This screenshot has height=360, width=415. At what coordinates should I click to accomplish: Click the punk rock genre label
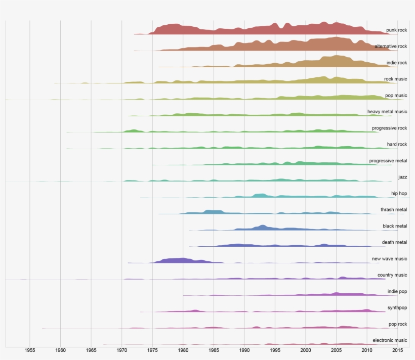tap(396, 30)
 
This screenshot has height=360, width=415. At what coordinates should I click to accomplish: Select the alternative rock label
tap(391, 47)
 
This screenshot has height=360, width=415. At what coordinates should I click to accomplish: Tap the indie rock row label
tap(396, 63)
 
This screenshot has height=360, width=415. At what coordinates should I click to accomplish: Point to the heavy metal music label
tap(387, 112)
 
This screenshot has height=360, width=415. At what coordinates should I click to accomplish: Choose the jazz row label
tap(402, 177)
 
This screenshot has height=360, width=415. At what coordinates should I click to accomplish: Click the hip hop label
tap(399, 194)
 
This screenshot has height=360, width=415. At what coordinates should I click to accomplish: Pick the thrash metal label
tap(394, 210)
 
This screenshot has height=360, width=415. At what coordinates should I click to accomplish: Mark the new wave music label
tap(389, 259)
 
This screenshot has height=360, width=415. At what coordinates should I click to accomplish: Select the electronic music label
tap(389, 340)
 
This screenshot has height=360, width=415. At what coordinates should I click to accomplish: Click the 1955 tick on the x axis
tap(30, 350)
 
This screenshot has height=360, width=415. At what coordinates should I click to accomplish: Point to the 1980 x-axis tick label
tap(183, 350)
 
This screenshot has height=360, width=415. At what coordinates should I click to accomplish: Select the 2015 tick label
tap(397, 350)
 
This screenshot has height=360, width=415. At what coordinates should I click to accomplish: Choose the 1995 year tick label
tap(275, 350)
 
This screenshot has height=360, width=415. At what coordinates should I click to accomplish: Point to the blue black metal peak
tap(262, 228)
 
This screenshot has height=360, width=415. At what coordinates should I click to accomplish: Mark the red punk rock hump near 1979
tap(175, 29)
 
